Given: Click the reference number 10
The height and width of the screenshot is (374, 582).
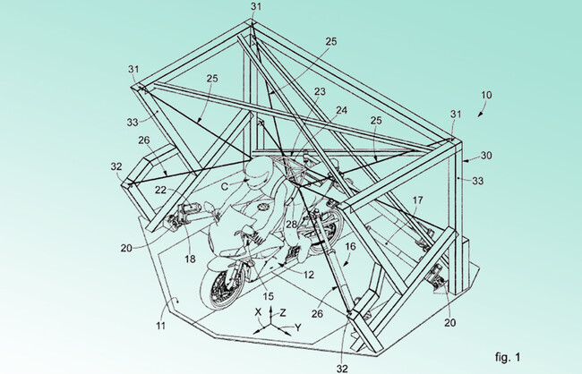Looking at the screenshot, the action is [486, 95].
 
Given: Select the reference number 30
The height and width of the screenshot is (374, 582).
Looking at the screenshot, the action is [486, 155].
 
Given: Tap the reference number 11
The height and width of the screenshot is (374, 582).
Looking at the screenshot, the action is [160, 326].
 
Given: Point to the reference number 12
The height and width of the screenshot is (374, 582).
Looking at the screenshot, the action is [308, 275].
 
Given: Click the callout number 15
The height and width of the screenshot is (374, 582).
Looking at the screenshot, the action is [269, 296].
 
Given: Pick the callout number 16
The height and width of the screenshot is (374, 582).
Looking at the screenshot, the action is [350, 246].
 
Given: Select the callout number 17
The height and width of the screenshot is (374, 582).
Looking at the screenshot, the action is [417, 200].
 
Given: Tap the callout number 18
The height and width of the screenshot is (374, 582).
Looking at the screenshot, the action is [190, 259].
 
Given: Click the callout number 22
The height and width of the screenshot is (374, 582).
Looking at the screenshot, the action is [160, 190].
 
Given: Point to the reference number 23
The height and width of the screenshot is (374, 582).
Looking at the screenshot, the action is [320, 91].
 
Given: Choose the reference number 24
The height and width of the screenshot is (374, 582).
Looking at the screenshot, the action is [342, 110].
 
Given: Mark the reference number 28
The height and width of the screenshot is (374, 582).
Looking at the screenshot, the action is [291, 224].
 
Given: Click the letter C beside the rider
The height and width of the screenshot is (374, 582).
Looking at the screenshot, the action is [225, 186].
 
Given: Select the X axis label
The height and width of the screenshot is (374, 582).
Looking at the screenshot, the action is [259, 312].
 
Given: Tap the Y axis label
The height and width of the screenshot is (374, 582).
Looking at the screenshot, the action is [297, 327].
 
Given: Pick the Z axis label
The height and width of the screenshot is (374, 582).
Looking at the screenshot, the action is [283, 313].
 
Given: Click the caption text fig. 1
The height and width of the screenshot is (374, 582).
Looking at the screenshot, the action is [508, 357].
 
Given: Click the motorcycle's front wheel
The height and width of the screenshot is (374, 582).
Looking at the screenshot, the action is [219, 288].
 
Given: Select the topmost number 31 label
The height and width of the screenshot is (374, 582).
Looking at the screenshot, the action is [256, 6].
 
